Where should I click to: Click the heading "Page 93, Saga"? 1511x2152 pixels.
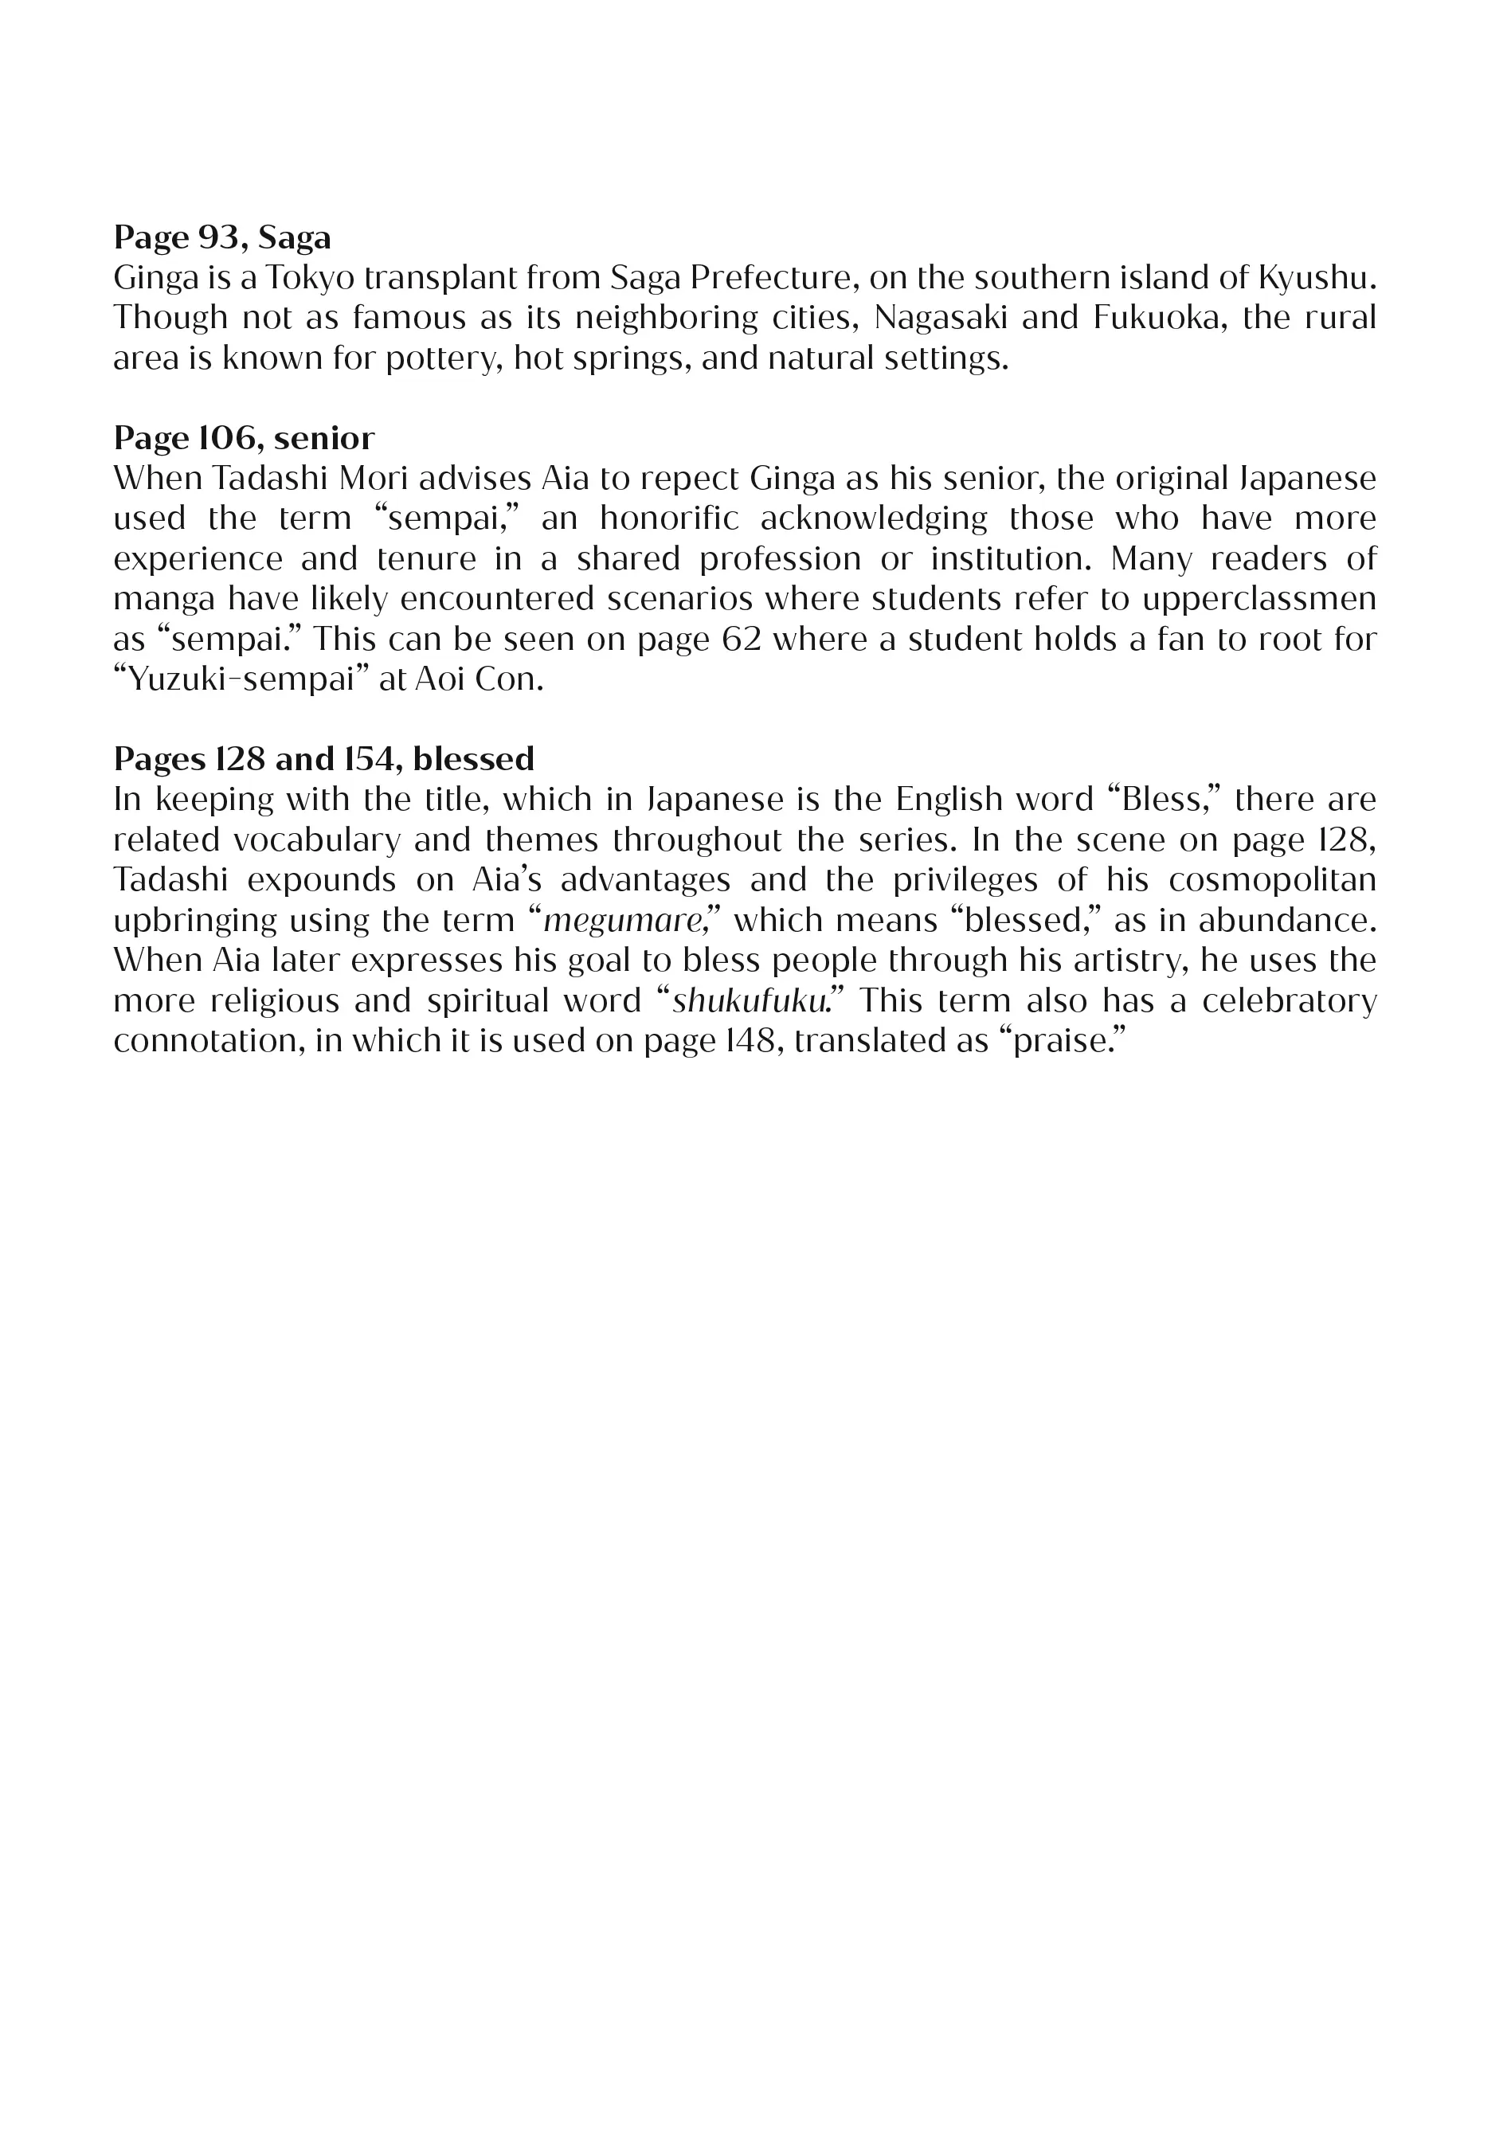pyautogui.click(x=222, y=237)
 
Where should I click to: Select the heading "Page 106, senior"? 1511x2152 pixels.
pyautogui.click(x=244, y=438)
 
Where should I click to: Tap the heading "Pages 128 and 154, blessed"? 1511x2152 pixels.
pyautogui.click(x=323, y=758)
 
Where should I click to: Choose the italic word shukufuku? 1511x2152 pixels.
pyautogui.click(x=749, y=1001)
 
